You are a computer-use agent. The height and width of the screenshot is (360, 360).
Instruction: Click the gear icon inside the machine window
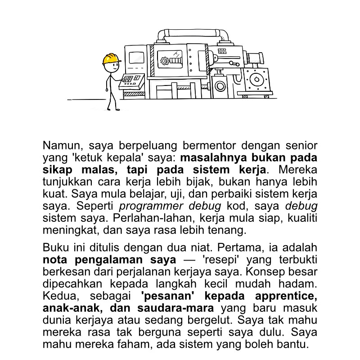(x=166, y=60)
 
